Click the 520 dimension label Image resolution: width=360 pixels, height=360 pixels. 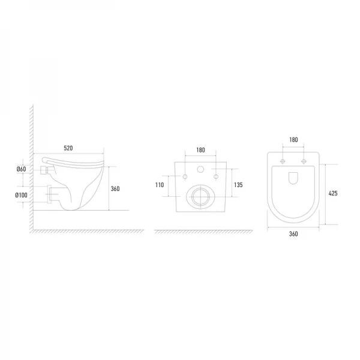68,148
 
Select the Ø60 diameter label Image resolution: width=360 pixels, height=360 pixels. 22,169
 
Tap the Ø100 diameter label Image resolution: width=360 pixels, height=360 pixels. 22,195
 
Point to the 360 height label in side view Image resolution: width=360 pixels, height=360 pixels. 115,189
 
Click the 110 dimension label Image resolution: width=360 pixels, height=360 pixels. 160,185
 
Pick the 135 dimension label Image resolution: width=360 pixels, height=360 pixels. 238,185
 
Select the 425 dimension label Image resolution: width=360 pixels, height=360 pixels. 333,193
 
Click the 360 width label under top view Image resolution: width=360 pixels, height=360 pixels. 293,234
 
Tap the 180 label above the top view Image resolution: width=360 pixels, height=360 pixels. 293,140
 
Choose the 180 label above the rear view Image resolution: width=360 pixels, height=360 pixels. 200,150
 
